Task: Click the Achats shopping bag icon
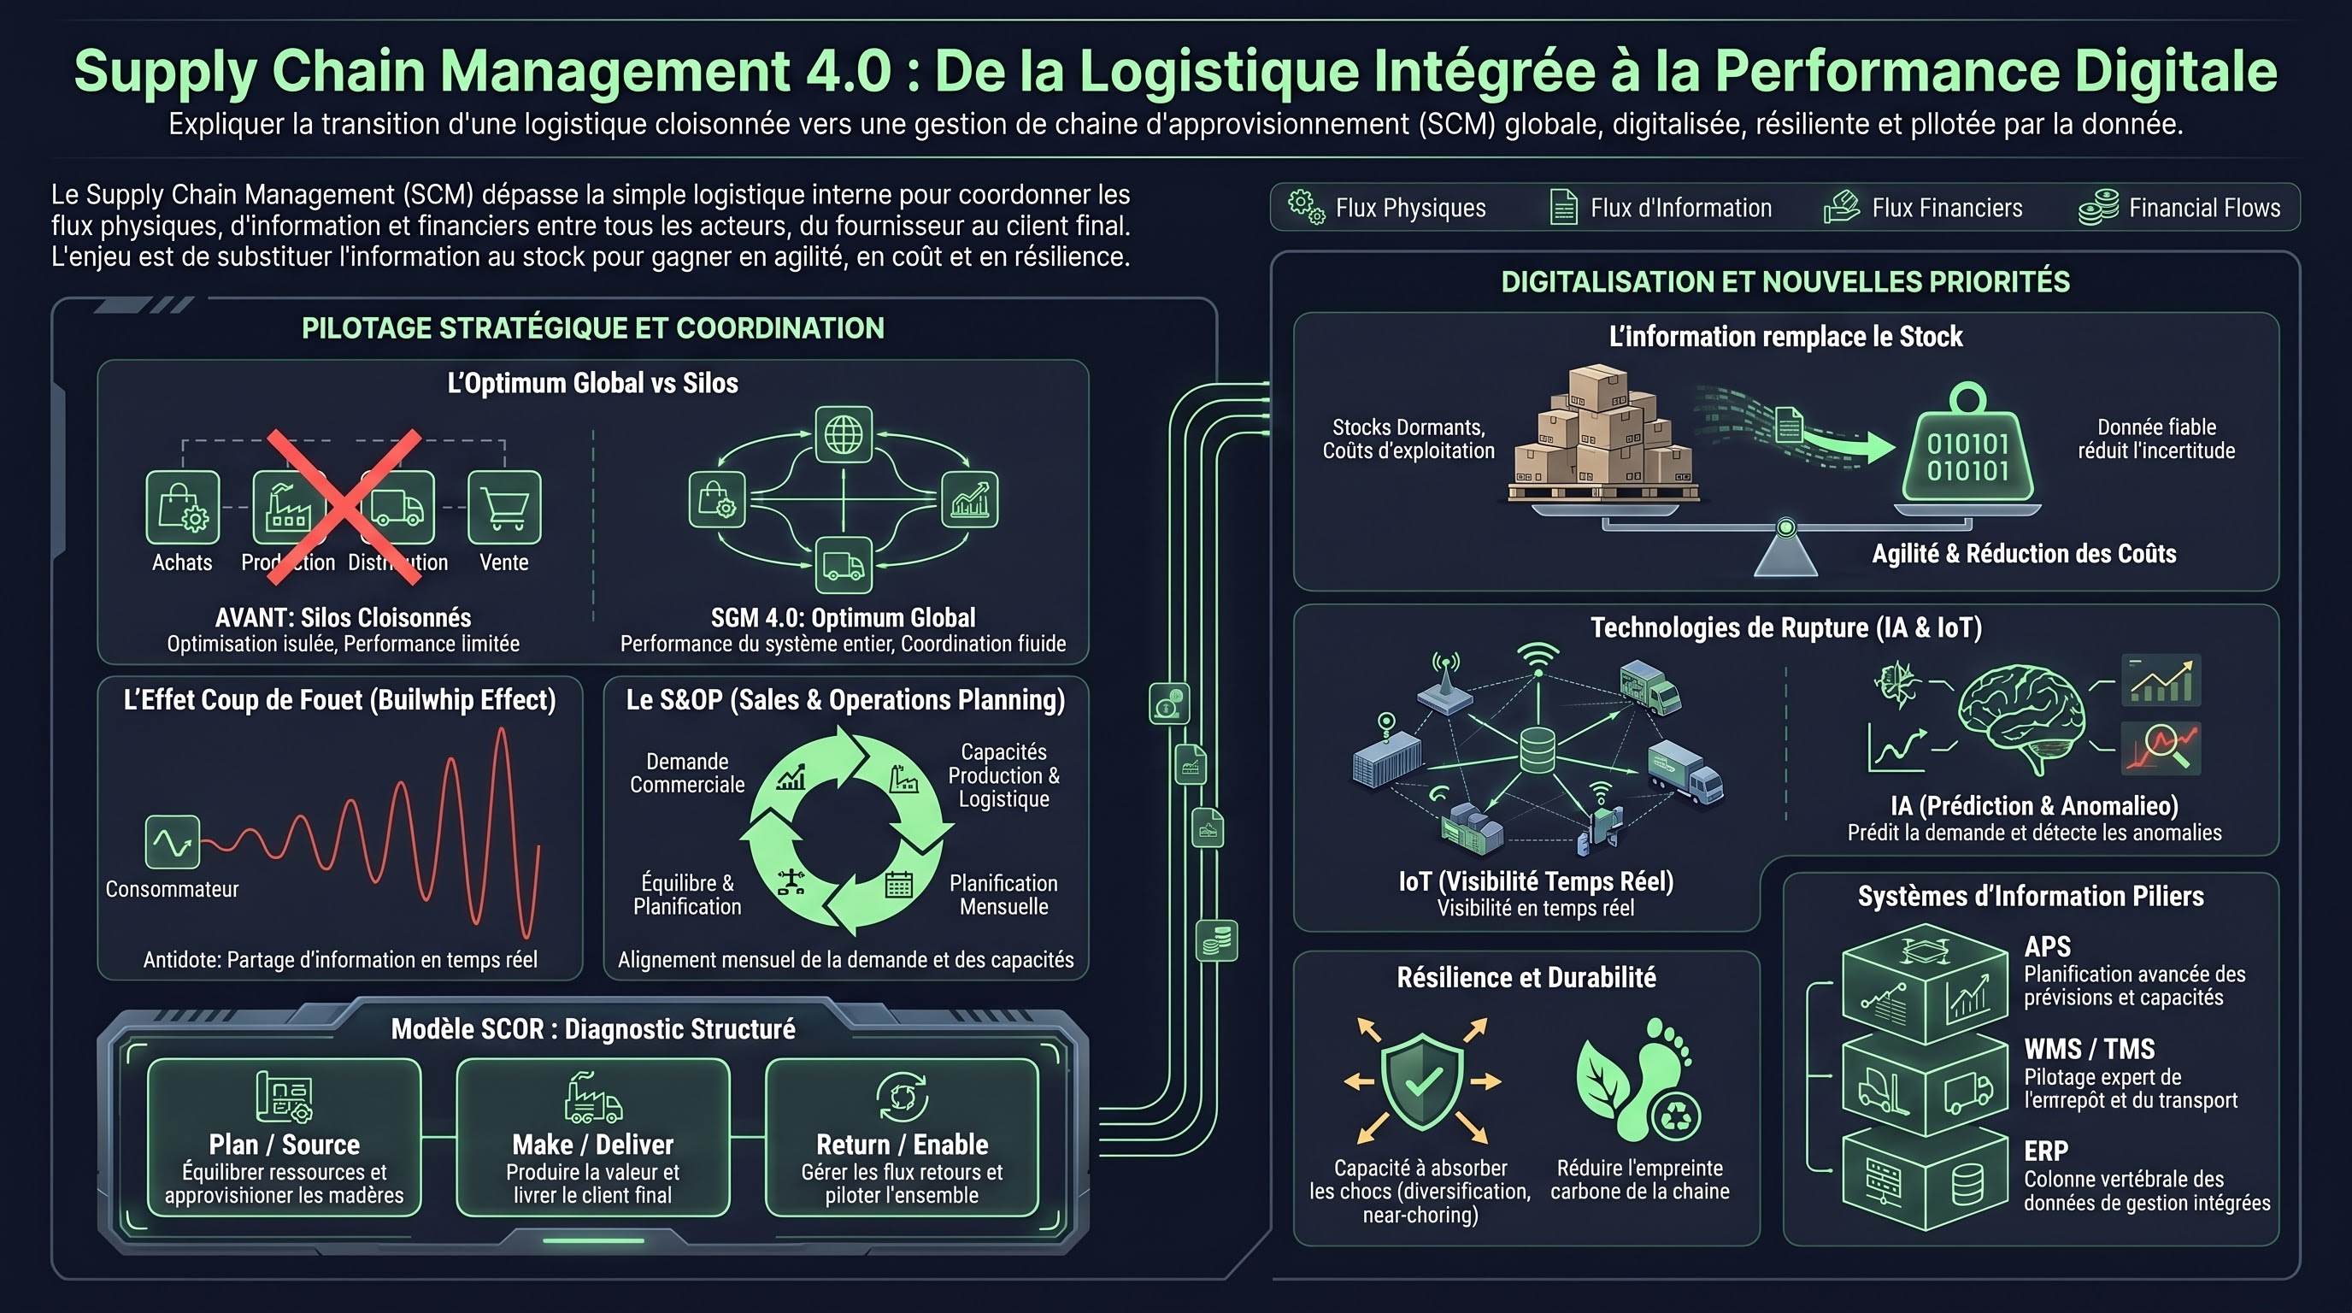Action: pyautogui.click(x=183, y=508)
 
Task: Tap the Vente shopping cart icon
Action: pyautogui.click(x=504, y=508)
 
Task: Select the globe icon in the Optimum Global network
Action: pyautogui.click(x=843, y=434)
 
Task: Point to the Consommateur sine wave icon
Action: pyautogui.click(x=173, y=842)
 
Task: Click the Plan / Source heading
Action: pyautogui.click(x=284, y=1144)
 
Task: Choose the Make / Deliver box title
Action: pyautogui.click(x=592, y=1144)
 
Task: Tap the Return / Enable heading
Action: pyautogui.click(x=903, y=1144)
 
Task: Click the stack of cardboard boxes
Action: pyautogui.click(x=1603, y=434)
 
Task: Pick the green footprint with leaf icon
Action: pyautogui.click(x=1638, y=1080)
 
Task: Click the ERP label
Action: pyautogui.click(x=2046, y=1151)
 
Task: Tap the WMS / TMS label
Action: pyautogui.click(x=2089, y=1048)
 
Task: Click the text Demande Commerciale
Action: pyautogui.click(x=686, y=774)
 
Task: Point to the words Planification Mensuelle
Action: pyautogui.click(x=1003, y=895)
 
